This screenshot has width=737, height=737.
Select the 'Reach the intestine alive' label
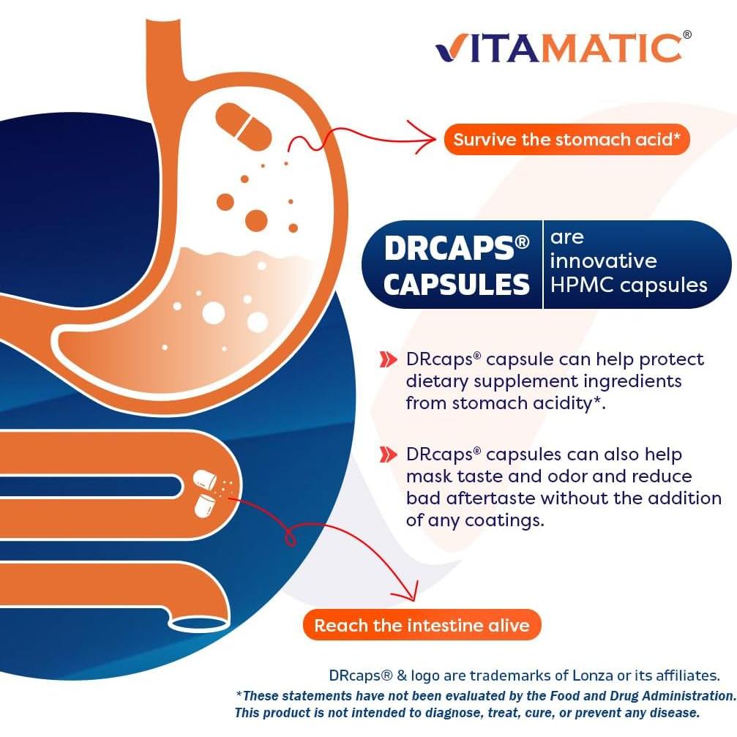(x=422, y=625)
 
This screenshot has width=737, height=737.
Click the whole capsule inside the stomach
(x=244, y=124)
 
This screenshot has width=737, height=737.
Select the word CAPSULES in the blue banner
(x=456, y=285)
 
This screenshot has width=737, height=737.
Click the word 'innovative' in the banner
(x=603, y=261)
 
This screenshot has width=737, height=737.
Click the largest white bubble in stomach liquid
(x=213, y=313)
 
